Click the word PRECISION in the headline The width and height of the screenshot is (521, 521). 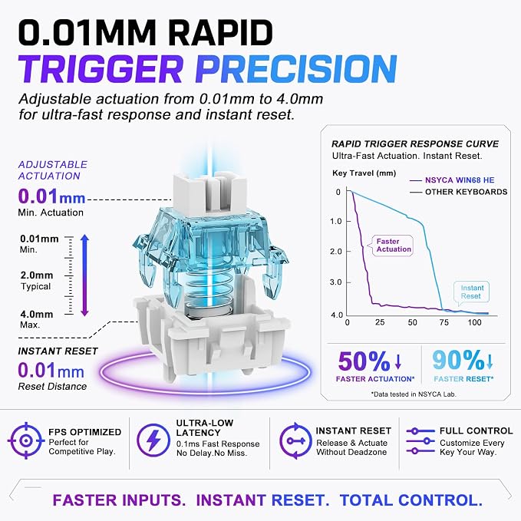point(296,69)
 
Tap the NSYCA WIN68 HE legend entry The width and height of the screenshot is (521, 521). point(452,180)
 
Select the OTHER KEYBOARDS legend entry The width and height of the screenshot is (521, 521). point(459,192)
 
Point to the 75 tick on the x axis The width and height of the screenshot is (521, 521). point(444,322)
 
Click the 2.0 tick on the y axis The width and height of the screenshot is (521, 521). point(336,252)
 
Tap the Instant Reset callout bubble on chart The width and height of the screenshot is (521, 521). point(471,293)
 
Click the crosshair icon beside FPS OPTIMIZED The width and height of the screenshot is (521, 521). point(26,440)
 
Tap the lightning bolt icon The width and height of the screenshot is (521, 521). point(153,440)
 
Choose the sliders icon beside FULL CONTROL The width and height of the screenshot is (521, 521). point(420,441)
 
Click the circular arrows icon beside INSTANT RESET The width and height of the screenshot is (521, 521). point(295,441)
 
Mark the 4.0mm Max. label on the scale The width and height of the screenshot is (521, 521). point(37,319)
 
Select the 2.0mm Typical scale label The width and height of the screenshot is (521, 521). point(37,281)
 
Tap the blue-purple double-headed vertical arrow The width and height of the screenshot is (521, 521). point(84,275)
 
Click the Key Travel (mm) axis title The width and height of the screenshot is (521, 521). point(364,173)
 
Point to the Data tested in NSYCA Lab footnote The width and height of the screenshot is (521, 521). point(414,394)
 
